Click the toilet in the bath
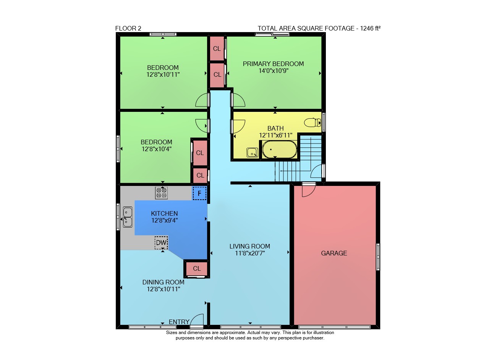pos(313,123)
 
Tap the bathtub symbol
pos(279,149)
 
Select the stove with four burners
pos(161,193)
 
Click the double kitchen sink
pos(128,217)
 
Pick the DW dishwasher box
pos(161,242)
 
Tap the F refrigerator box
pos(199,193)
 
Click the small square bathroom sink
pos(252,152)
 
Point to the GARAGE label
pos(334,253)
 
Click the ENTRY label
pos(179,322)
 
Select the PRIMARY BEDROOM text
pos(273,64)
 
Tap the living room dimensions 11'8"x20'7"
pos(250,253)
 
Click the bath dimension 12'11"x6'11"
pos(275,135)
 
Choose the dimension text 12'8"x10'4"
pos(157,149)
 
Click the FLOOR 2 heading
pos(128,28)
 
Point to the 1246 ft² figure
pos(370,28)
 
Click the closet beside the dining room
pos(197,268)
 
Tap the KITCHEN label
pos(164,213)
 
